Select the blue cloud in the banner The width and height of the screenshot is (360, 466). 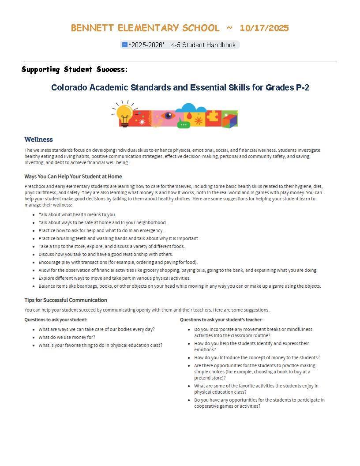tap(191, 108)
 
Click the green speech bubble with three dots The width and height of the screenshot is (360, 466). tap(184, 125)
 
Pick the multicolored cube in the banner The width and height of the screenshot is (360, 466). tap(229, 120)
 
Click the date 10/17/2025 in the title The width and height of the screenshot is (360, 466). tap(264, 28)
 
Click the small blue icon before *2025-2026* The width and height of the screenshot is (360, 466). tap(124, 45)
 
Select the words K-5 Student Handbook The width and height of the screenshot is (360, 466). tap(203, 45)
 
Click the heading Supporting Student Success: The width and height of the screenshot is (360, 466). tap(75, 69)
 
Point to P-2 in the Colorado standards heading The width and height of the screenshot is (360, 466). tap(302, 87)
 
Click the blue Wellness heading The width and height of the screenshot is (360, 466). tap(39, 139)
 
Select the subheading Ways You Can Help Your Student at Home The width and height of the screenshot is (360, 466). tap(73, 177)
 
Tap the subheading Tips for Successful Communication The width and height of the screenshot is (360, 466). tap(66, 300)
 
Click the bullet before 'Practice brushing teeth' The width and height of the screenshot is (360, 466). tap(34, 239)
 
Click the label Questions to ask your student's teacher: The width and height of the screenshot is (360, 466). tap(221, 319)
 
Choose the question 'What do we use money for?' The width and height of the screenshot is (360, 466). tap(67, 338)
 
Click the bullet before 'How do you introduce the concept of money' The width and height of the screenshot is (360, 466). tap(189, 358)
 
